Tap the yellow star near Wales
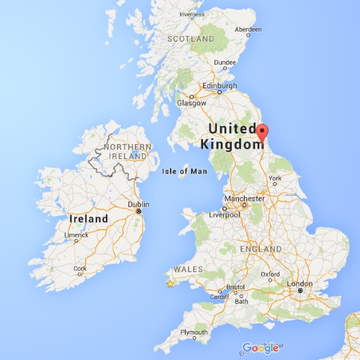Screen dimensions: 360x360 (x=170, y=284)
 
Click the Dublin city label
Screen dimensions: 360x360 (x=138, y=204)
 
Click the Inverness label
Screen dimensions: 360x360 (x=192, y=14)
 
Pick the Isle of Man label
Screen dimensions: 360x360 (x=185, y=171)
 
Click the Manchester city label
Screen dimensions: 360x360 (x=244, y=198)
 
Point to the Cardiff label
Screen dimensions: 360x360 (x=218, y=297)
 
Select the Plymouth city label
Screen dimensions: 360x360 (x=194, y=332)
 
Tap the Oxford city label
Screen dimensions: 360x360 (x=271, y=274)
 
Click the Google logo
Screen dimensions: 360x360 (x=261, y=348)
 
